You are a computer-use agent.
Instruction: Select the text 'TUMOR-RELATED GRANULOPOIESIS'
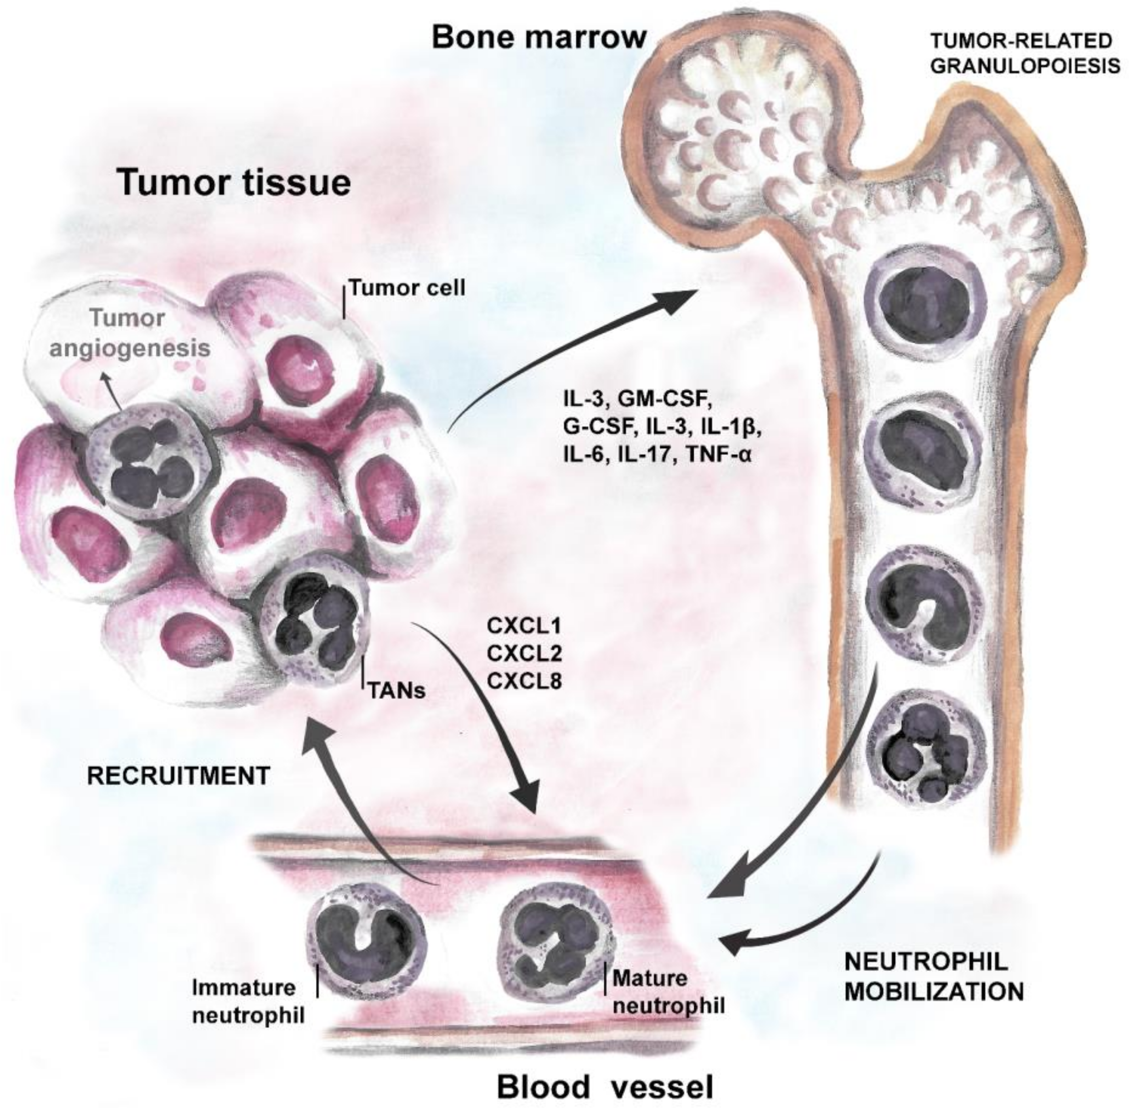(1024, 54)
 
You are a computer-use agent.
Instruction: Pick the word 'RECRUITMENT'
(178, 776)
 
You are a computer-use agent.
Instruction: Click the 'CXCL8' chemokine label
(524, 681)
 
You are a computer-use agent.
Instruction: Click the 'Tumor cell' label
(407, 288)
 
